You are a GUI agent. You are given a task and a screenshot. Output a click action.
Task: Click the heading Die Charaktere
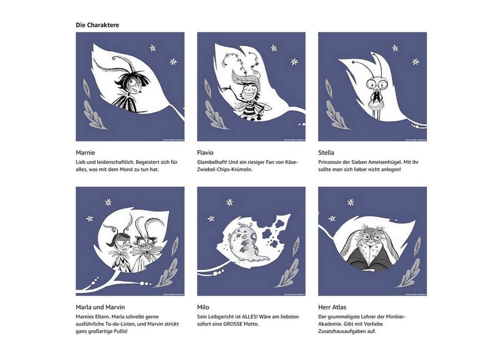pyautogui.click(x=97, y=25)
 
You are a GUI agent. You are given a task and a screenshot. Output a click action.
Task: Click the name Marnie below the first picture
pyautogui.click(x=86, y=153)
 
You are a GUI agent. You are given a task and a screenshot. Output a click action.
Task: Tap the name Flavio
pyautogui.click(x=205, y=153)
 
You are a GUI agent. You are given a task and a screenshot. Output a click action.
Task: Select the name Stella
pyautogui.click(x=326, y=153)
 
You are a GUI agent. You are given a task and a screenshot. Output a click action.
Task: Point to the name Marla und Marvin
pyautogui.click(x=100, y=307)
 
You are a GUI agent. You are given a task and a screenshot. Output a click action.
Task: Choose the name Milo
pyautogui.click(x=203, y=307)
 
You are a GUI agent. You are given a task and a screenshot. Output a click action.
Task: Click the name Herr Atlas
pyautogui.click(x=333, y=307)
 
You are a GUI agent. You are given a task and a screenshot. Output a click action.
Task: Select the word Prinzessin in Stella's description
pyautogui.click(x=332, y=162)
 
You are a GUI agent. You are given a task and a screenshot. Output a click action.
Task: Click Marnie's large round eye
pyautogui.click(x=133, y=82)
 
